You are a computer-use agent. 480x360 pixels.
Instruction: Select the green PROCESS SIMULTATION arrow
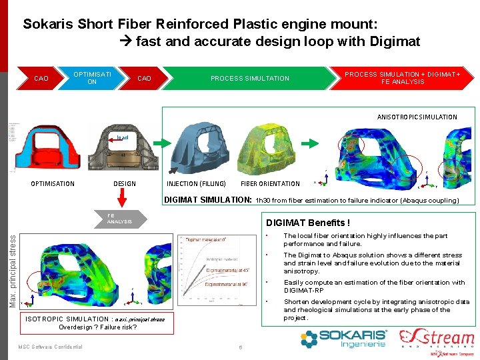coord(250,78)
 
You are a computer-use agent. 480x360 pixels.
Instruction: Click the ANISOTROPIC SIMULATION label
coord(417,117)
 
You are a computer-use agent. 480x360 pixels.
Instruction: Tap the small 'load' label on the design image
coord(123,138)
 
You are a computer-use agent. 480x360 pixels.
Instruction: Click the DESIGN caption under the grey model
coord(125,184)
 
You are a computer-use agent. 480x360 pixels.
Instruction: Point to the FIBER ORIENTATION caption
coord(270,184)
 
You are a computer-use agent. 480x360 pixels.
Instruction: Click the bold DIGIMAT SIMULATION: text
coord(207,199)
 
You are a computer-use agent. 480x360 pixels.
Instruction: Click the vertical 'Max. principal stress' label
coord(13,265)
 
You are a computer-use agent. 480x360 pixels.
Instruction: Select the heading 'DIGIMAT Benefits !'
coord(308,223)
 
